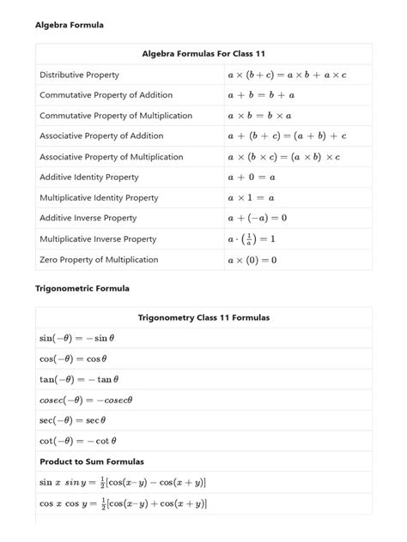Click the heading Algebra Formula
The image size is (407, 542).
pyautogui.click(x=69, y=25)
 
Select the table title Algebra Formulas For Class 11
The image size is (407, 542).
pyautogui.click(x=203, y=54)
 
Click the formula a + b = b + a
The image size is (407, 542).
pyautogui.click(x=261, y=96)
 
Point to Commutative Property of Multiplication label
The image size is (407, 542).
pyautogui.click(x=116, y=116)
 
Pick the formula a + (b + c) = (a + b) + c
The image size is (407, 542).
pyautogui.click(x=287, y=136)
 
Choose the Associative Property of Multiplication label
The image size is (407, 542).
pyautogui.click(x=112, y=157)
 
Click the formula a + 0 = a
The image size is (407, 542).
pyautogui.click(x=252, y=178)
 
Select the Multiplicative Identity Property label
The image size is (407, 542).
pyautogui.click(x=99, y=198)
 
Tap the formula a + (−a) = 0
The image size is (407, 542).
pyautogui.click(x=258, y=219)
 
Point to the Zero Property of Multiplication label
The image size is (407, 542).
pyautogui.click(x=99, y=260)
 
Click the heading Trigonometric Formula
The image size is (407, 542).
pyautogui.click(x=82, y=289)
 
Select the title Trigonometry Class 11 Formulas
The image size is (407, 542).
pyautogui.click(x=203, y=318)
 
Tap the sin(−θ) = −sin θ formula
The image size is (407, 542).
pyautogui.click(x=77, y=339)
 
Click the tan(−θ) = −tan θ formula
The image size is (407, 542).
pyautogui.click(x=79, y=379)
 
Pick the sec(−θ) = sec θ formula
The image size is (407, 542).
pyautogui.click(x=73, y=420)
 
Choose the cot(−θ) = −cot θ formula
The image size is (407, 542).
pyautogui.click(x=77, y=442)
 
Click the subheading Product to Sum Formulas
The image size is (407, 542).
pyautogui.click(x=92, y=462)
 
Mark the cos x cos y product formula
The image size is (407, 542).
pyautogui.click(x=123, y=503)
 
